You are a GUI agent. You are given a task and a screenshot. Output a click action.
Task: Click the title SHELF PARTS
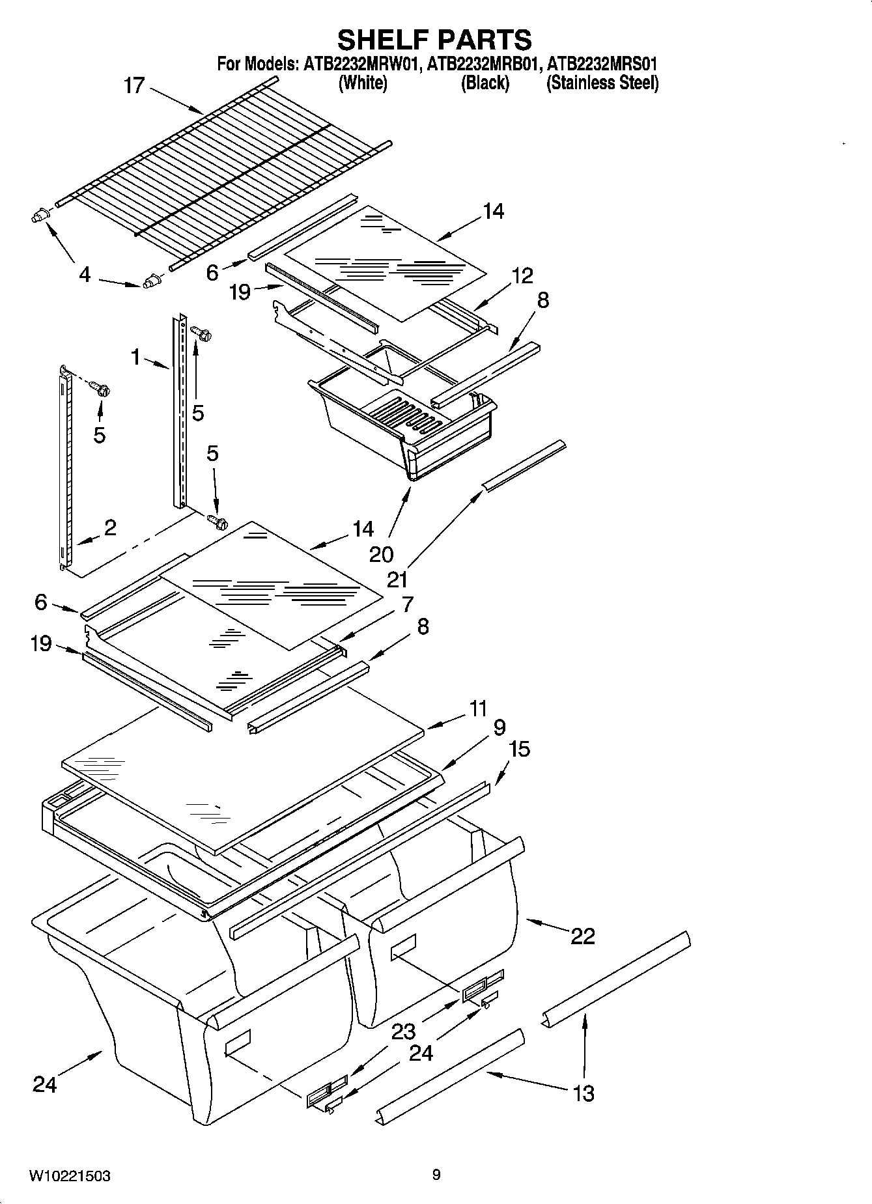click(x=434, y=40)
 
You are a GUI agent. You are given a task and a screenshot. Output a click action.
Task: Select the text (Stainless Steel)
click(x=602, y=83)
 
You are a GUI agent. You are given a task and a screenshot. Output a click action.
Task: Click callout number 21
click(x=397, y=578)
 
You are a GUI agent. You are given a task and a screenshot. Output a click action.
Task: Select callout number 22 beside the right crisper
click(x=583, y=936)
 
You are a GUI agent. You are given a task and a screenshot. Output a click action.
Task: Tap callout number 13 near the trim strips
click(x=584, y=1093)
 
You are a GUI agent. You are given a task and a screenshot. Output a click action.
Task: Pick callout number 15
click(x=519, y=749)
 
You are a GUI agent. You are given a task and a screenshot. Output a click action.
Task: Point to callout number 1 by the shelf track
click(x=135, y=356)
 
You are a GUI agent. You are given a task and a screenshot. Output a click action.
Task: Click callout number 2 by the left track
click(x=109, y=527)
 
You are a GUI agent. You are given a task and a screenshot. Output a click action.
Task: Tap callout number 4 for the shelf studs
click(x=84, y=275)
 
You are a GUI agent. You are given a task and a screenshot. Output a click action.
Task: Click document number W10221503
click(x=69, y=1176)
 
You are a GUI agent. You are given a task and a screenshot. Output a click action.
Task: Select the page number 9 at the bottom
click(x=436, y=1175)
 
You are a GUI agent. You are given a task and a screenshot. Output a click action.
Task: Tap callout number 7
click(x=407, y=604)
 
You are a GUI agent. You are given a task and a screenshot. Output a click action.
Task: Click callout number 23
click(x=404, y=1031)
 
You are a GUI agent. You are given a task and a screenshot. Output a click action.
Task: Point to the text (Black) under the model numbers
click(x=485, y=83)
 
